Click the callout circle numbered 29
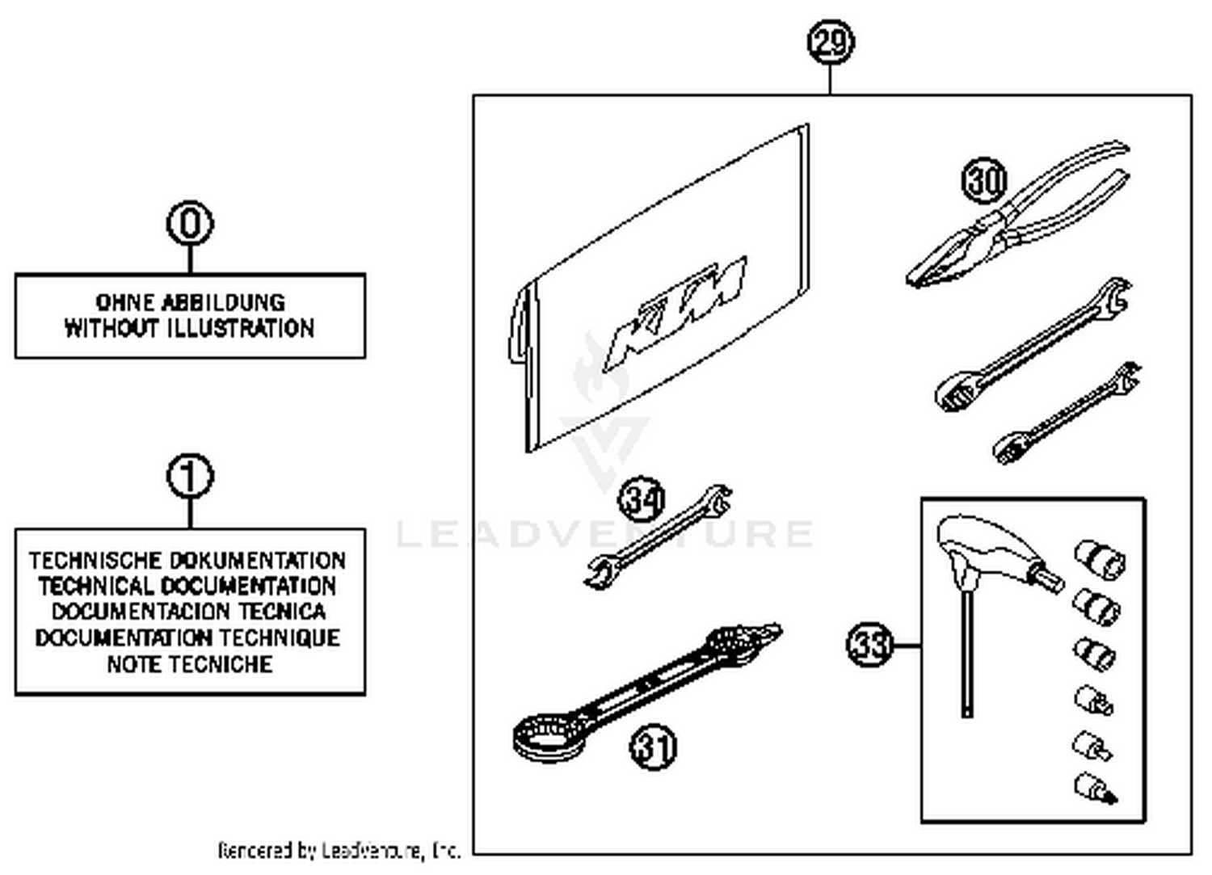pos(831,42)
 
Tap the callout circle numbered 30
pos(984,180)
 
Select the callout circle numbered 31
pos(653,747)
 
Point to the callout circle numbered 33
pos(869,645)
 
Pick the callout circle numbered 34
pos(642,499)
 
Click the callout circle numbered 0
pos(190,223)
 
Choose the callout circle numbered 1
pos(190,477)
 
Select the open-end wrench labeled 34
pos(659,536)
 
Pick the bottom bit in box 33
pos(1095,787)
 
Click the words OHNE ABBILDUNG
pos(190,302)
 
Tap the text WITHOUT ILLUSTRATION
pos(190,328)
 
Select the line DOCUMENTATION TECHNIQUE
pos(188,637)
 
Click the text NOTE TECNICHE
pos(190,664)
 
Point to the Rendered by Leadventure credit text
pos(339,850)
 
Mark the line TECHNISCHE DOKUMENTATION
pos(188,560)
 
